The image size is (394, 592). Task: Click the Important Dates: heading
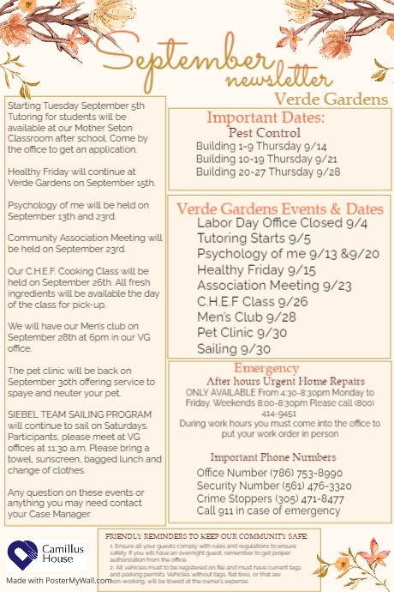click(266, 118)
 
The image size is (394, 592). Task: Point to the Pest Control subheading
click(264, 133)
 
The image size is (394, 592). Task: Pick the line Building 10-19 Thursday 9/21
click(266, 159)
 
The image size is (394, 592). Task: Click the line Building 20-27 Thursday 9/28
click(267, 172)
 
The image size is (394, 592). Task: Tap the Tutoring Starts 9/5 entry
click(241, 238)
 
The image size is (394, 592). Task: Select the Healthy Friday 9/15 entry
click(245, 269)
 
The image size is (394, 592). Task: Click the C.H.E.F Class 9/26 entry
click(241, 301)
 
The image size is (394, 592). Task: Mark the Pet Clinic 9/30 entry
click(230, 333)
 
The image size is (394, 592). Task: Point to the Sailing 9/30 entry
click(222, 349)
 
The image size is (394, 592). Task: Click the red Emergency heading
click(266, 367)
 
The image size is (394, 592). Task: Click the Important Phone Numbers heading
click(272, 456)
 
